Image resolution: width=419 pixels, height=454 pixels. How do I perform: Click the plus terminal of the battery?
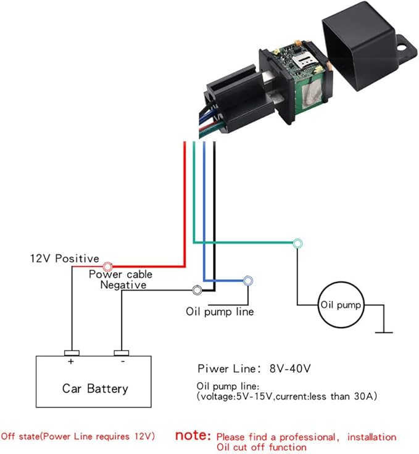pos(72,353)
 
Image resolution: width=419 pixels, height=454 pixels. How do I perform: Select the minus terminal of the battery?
pos(122,353)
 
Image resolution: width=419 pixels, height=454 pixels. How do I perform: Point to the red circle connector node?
pos(107,266)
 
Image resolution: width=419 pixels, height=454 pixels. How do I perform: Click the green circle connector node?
pos(298,243)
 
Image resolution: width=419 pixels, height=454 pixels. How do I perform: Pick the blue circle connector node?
pos(247,281)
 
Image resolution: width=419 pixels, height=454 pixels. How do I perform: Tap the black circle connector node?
pos(197,289)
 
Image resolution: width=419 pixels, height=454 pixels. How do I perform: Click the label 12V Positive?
pos(65,258)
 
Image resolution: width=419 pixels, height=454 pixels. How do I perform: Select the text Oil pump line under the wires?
pos(220,312)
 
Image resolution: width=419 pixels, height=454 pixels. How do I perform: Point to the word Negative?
pos(123,285)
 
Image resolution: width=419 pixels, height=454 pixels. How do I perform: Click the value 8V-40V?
pos(288,369)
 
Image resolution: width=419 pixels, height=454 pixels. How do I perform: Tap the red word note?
pos(193,435)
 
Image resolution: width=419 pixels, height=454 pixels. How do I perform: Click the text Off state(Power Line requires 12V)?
pos(78,437)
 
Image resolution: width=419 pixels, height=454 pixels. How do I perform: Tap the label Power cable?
pos(121,274)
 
